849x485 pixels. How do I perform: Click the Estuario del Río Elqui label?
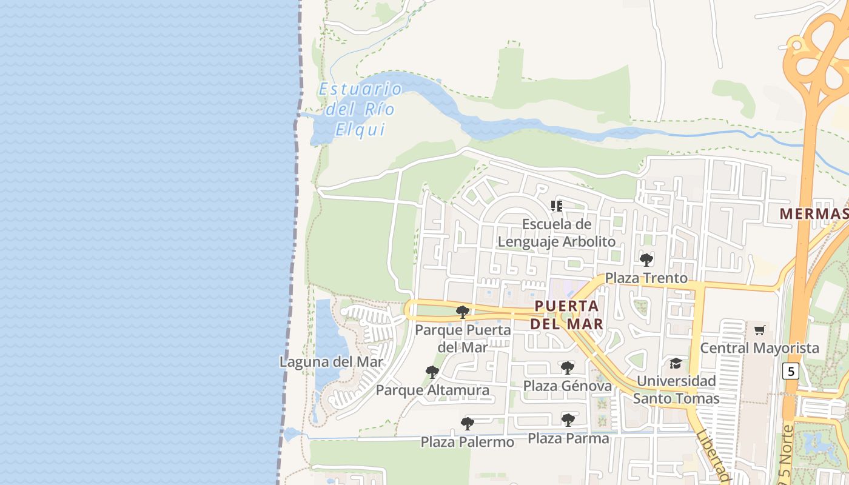[360, 110]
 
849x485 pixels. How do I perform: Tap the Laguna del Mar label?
[331, 362]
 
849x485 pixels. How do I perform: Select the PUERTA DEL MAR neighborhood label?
[567, 315]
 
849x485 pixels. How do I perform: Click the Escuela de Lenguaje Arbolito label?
[557, 233]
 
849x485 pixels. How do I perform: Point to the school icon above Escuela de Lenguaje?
[557, 206]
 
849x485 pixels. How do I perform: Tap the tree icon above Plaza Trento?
[646, 260]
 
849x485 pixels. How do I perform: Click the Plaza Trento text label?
[646, 278]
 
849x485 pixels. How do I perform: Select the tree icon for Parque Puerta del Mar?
[463, 312]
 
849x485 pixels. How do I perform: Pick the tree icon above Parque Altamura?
[432, 372]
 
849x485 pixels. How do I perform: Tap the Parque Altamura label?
[432, 390]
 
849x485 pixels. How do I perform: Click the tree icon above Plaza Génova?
[568, 367]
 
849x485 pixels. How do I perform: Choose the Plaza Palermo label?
[468, 442]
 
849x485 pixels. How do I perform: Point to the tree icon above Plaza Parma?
[568, 420]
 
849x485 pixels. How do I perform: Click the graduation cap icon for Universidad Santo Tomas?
[676, 363]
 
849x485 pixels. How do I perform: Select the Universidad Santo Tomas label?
[676, 390]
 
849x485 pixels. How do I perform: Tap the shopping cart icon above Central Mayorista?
[759, 330]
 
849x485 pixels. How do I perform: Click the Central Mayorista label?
[759, 348]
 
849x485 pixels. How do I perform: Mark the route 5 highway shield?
[790, 371]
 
